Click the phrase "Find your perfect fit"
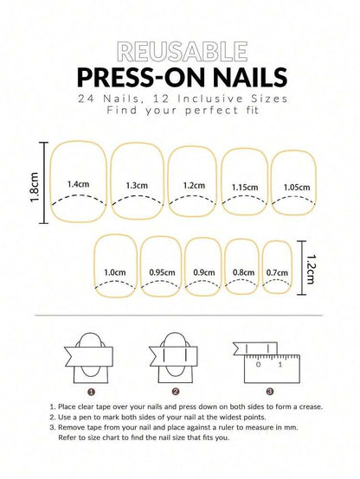click(x=180, y=112)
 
